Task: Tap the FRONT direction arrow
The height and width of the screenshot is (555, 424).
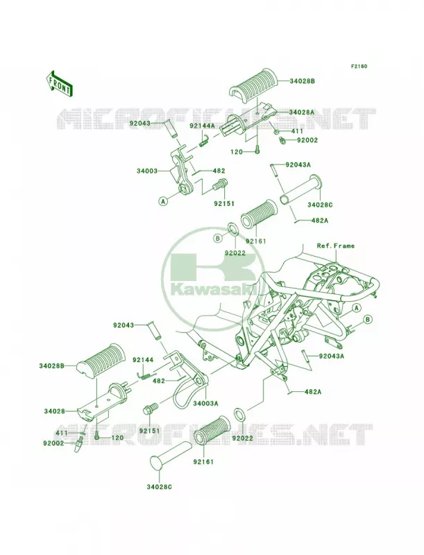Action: pyautogui.click(x=59, y=83)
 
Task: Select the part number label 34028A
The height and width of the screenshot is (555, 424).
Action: pyautogui.click(x=302, y=112)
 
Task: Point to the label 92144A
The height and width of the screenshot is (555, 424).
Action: pyautogui.click(x=202, y=126)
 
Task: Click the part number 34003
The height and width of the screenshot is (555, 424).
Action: pyautogui.click(x=146, y=171)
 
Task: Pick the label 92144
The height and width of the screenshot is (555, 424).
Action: pyautogui.click(x=143, y=360)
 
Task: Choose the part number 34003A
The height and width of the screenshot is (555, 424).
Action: pyautogui.click(x=205, y=403)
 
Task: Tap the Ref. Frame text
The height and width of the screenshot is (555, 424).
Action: pyautogui.click(x=335, y=246)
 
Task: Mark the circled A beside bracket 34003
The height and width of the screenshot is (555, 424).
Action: pyautogui.click(x=163, y=201)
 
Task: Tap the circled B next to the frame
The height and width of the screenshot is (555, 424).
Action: pyautogui.click(x=368, y=320)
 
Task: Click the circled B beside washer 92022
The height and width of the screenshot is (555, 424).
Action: pyautogui.click(x=218, y=238)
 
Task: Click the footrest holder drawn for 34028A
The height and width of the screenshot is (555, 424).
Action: pyautogui.click(x=248, y=118)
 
